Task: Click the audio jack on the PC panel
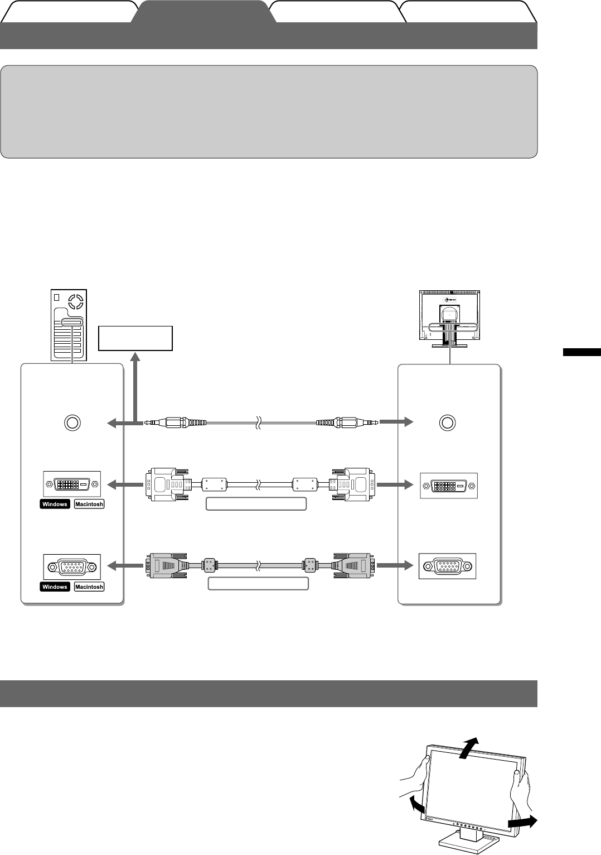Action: click(x=72, y=422)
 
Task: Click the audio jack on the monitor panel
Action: click(x=447, y=422)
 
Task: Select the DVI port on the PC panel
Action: click(x=71, y=484)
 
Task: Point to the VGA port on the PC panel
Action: click(x=72, y=567)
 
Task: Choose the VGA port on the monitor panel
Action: click(x=447, y=566)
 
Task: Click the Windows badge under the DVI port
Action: click(x=55, y=504)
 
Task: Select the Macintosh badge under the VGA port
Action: click(x=89, y=587)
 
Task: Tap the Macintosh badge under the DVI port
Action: click(x=89, y=504)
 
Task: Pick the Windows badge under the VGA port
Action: click(x=55, y=587)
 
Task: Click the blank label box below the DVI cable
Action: click(x=256, y=504)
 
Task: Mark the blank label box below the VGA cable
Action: click(x=258, y=584)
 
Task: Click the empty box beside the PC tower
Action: click(x=135, y=338)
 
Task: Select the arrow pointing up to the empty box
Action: click(x=135, y=385)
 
